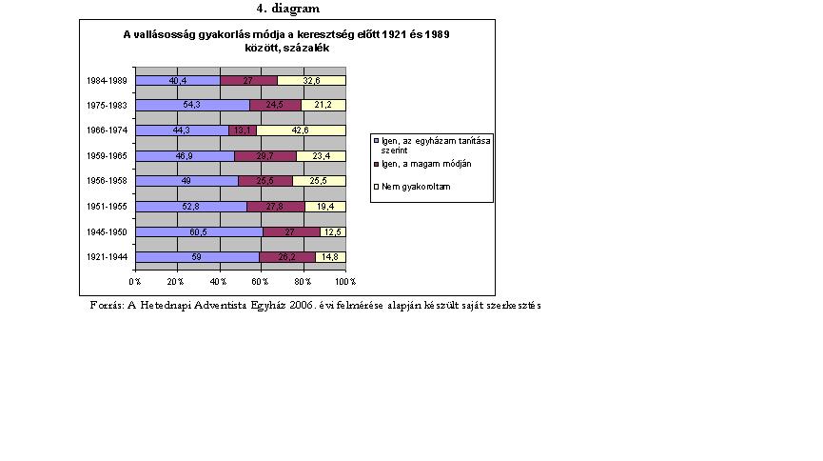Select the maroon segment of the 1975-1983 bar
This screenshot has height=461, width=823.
274,106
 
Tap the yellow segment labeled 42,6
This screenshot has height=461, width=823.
301,130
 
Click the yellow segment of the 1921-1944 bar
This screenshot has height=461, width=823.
330,256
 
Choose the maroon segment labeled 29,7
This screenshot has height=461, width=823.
265,155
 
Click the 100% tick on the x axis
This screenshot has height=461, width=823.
345,281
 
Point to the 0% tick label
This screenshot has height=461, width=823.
135,281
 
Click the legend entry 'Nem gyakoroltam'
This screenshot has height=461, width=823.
409,188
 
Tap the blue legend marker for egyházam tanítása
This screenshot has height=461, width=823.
377,140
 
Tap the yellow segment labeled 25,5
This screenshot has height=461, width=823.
319,181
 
